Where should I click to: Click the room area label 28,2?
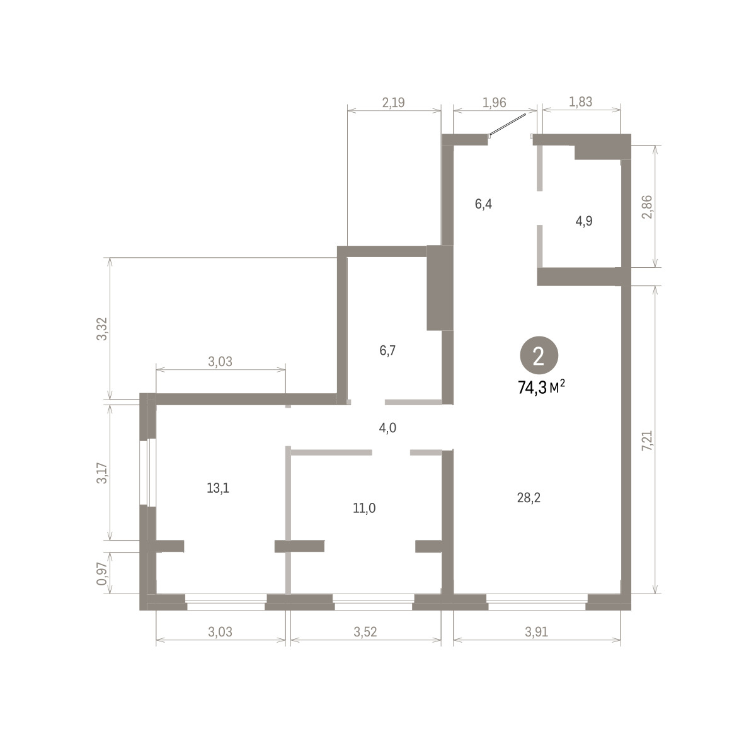tap(529, 498)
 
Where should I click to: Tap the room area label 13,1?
tap(218, 488)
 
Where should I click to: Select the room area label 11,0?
tap(364, 508)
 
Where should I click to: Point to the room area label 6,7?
tap(387, 350)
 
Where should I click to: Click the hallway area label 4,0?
tap(387, 428)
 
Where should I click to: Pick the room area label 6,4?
tap(483, 204)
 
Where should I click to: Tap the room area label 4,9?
tap(584, 221)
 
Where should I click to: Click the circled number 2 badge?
tap(539, 357)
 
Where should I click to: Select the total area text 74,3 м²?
tap(541, 388)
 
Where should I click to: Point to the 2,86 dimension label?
tap(648, 207)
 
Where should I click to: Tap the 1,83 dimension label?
tap(580, 102)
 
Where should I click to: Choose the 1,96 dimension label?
tap(495, 103)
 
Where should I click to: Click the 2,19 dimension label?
tap(393, 103)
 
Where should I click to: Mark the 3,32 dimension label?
tap(101, 329)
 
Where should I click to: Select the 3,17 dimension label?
tap(101, 473)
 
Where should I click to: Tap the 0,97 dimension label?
tap(101, 574)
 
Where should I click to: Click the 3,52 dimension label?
tap(365, 632)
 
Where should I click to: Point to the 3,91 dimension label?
tap(536, 632)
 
